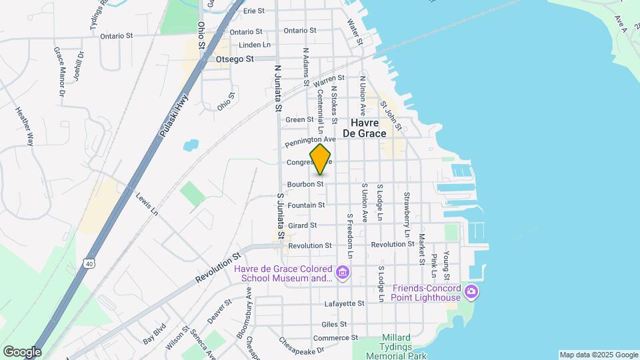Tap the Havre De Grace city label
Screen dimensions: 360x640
[364, 128]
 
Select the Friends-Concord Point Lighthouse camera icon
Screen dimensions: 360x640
[471, 291]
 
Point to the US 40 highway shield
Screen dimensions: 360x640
[89, 263]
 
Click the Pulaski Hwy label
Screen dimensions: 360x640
[173, 117]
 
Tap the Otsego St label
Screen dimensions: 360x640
[235, 59]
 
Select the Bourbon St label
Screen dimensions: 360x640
[305, 184]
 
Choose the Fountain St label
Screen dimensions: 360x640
[307, 205]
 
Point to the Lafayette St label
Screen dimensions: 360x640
[343, 303]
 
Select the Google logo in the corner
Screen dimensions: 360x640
[22, 351]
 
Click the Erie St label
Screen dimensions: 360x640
[254, 11]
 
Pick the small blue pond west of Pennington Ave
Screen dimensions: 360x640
[191, 144]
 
